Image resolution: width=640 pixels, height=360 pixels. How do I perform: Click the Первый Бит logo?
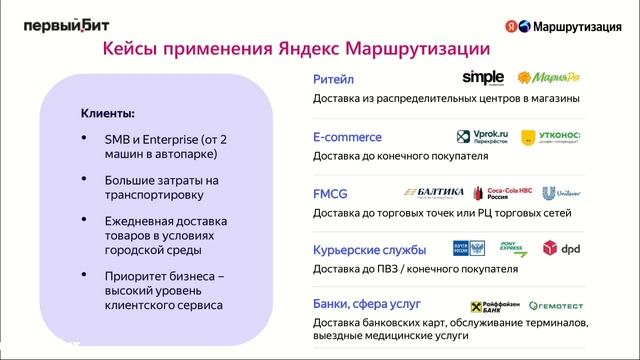pos(62,27)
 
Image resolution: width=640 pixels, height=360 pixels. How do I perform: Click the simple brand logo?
pos(484,77)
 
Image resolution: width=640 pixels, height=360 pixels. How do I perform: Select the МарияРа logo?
pos(548,77)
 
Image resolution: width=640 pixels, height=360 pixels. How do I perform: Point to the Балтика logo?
pos(434,193)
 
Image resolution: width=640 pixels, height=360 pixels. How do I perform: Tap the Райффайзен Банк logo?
pos(492,305)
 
